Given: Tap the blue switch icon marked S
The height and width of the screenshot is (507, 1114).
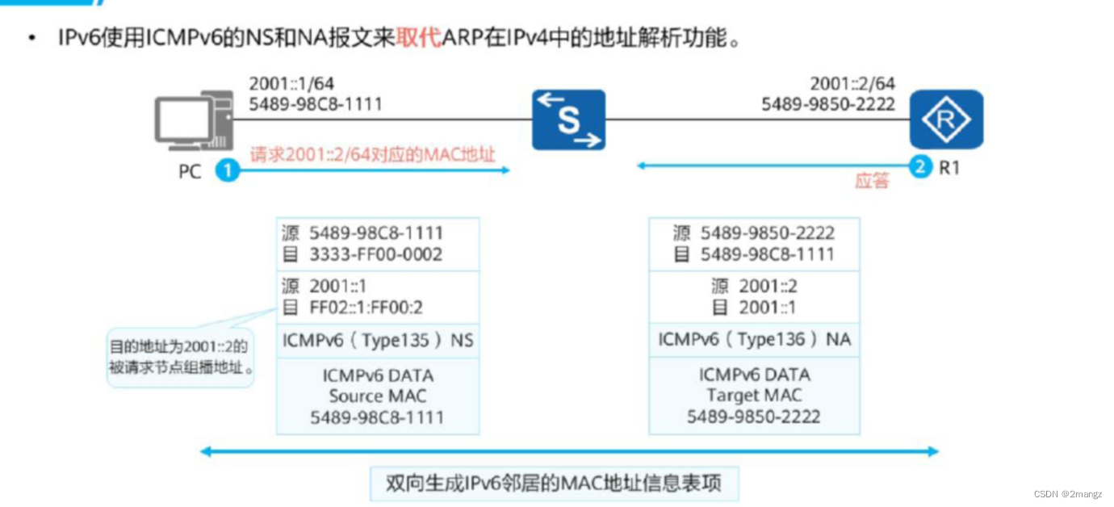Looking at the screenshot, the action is (568, 119).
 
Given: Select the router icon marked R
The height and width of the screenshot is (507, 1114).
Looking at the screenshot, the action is (946, 119).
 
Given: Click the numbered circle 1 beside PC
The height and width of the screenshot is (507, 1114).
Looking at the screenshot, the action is (228, 170).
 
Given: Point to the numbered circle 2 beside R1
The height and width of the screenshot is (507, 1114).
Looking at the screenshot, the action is (919, 167).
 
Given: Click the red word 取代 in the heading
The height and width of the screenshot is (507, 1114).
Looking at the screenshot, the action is (418, 38).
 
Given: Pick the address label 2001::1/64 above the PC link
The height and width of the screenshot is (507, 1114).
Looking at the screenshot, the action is (291, 84).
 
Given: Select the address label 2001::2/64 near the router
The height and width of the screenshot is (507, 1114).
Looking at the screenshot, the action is (852, 84).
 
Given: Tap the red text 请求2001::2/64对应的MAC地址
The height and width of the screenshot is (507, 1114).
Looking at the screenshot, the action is (372, 154).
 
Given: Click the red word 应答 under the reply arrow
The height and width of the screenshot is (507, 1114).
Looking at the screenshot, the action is (871, 181).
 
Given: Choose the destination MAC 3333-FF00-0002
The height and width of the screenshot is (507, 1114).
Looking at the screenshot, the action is (376, 254).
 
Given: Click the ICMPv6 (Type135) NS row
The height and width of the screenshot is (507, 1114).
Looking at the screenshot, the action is (378, 341).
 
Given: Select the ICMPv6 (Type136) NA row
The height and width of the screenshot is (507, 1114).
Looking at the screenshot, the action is (754, 340).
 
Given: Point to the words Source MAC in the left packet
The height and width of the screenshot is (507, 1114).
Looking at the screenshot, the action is (378, 396).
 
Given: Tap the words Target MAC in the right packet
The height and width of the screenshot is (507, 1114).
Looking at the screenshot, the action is (754, 396).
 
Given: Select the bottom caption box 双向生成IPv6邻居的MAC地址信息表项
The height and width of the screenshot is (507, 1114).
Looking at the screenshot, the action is (554, 484).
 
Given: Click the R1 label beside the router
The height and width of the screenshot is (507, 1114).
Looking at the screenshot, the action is (949, 169).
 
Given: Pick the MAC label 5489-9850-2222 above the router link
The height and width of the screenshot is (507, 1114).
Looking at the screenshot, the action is (828, 104).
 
